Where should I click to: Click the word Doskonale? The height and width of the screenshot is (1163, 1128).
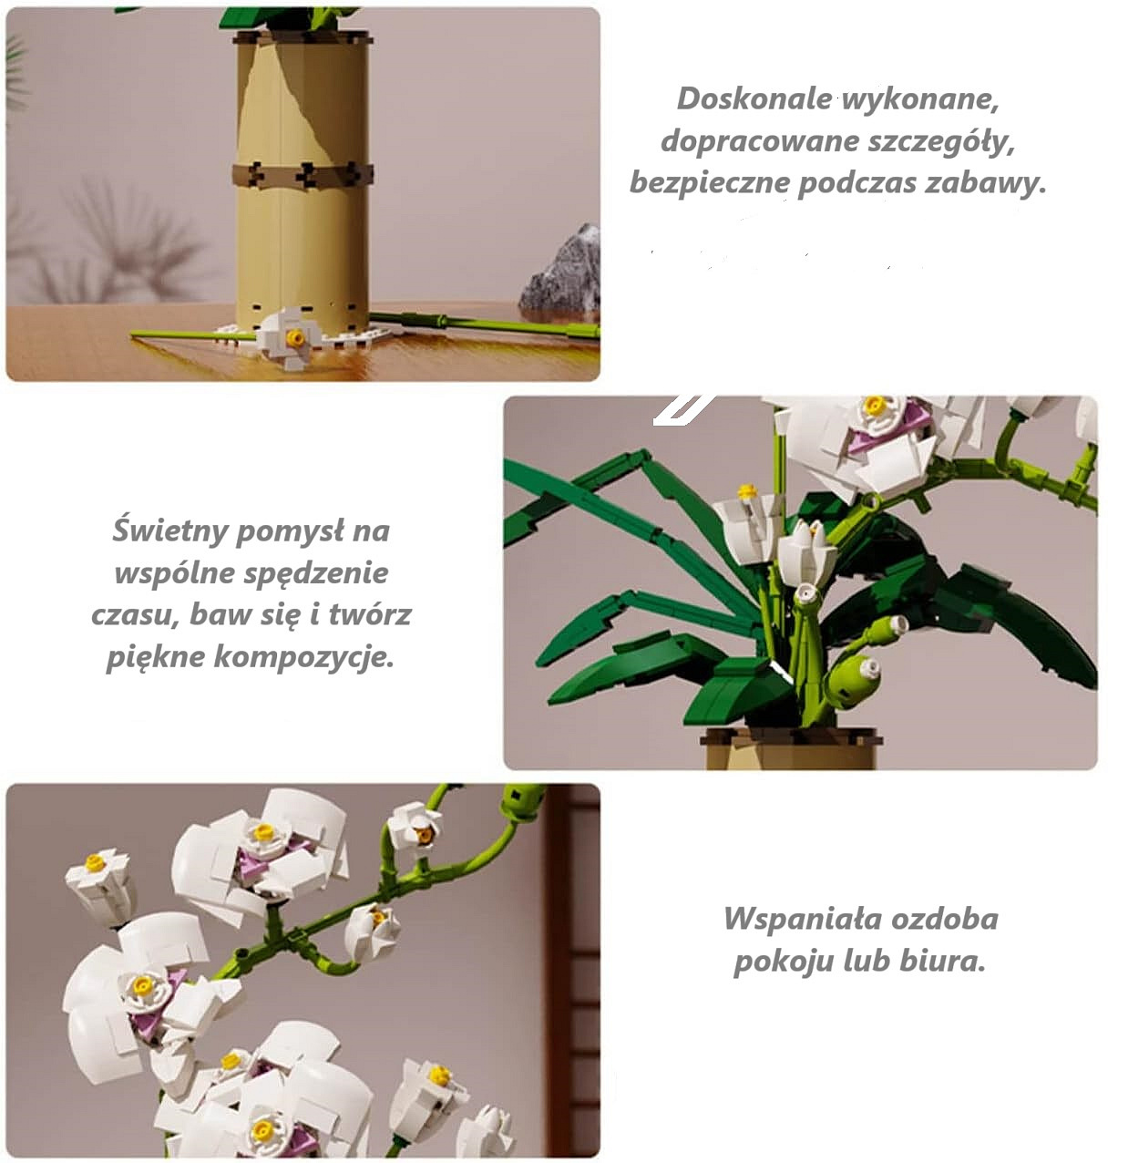pos(754,99)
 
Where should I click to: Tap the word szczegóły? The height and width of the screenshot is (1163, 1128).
pos(941,143)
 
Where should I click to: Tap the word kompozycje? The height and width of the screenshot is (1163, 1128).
pos(304,657)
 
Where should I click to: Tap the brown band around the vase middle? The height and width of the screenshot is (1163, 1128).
pos(303,175)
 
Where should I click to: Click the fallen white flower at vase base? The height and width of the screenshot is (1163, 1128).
pos(289,337)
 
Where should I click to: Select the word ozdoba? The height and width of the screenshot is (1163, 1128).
pos(945,920)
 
